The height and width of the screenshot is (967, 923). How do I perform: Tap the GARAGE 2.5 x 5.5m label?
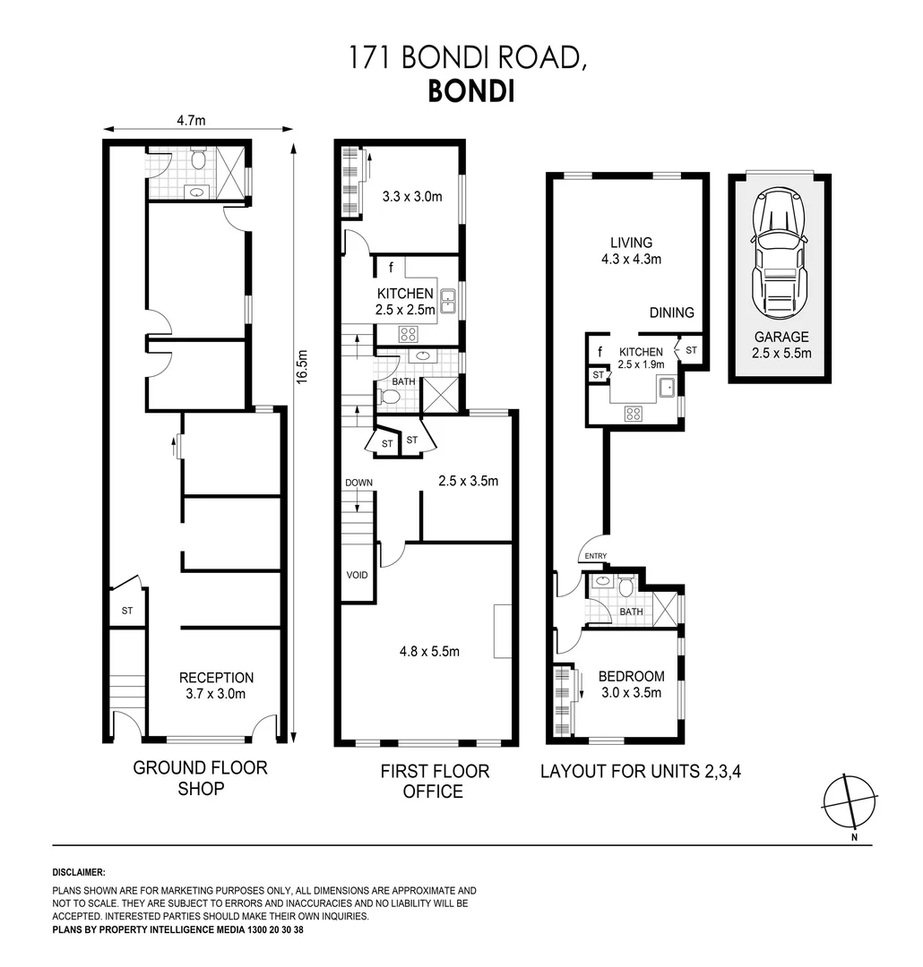(781, 345)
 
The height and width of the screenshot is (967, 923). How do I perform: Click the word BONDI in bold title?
(470, 92)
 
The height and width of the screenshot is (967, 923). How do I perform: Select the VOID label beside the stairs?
(357, 575)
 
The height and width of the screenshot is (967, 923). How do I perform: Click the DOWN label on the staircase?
(358, 483)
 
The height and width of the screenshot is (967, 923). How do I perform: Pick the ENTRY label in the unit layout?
(596, 556)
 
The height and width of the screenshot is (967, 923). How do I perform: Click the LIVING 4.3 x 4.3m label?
(631, 251)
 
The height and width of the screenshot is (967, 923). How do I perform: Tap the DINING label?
(672, 312)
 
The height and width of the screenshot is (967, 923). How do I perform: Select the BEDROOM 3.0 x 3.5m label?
(631, 684)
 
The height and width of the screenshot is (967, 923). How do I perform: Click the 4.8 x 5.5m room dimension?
(428, 651)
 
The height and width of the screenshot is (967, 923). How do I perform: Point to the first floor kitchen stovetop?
(408, 335)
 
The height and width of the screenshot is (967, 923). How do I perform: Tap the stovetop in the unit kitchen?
(634, 413)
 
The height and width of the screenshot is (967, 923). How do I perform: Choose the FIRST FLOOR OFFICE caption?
(434, 781)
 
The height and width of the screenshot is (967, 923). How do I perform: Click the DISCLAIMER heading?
(80, 871)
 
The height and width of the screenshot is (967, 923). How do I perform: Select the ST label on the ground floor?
(127, 611)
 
